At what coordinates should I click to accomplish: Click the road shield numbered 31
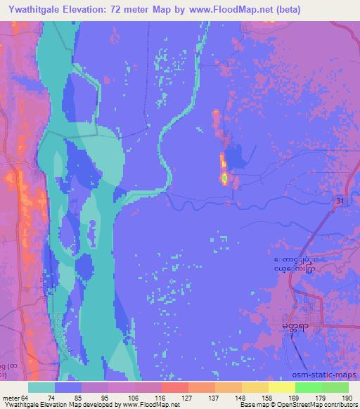click(x=340, y=200)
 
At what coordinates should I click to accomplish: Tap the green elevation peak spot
click(x=224, y=178)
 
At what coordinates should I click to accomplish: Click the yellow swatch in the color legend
click(x=281, y=387)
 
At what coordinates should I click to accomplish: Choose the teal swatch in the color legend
click(x=41, y=387)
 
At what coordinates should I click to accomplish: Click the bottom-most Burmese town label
click(x=295, y=327)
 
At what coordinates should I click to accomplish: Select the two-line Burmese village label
click(x=294, y=264)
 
